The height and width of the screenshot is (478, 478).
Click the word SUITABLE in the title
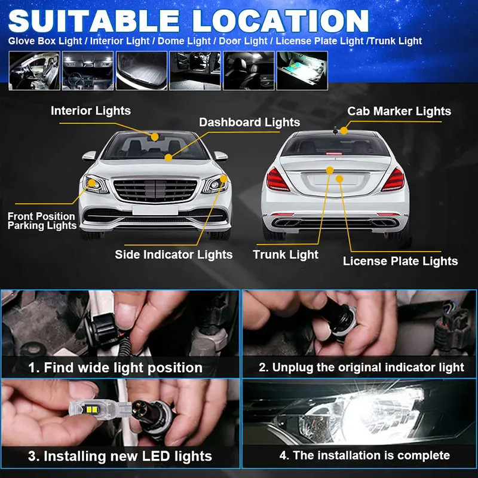tap(94, 21)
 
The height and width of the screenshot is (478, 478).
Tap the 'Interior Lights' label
tap(91, 111)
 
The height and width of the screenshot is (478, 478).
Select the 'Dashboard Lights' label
tap(249, 122)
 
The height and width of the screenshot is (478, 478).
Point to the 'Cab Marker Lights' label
tap(399, 111)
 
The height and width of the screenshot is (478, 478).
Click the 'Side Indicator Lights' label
tap(174, 255)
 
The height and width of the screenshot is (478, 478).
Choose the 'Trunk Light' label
tap(286, 255)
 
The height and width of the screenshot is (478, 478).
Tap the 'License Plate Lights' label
tap(400, 261)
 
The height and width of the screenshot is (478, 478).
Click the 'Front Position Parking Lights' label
tap(42, 220)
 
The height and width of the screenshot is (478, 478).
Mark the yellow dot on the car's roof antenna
tap(344, 130)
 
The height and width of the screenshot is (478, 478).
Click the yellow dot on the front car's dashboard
tap(168, 157)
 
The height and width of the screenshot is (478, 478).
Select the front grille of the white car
tap(155, 190)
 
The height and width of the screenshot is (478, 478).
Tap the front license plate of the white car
tap(155, 210)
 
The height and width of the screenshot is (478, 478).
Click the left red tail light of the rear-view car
tap(277, 180)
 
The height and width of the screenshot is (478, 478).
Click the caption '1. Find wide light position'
tap(115, 367)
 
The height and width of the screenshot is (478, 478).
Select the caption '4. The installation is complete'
tap(364, 455)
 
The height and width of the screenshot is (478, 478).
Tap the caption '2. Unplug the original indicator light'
tap(361, 367)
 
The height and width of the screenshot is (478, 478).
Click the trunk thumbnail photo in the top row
tap(142, 71)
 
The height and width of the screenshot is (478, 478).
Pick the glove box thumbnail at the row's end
tap(302, 71)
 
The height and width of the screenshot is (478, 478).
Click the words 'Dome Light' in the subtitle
tap(184, 41)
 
